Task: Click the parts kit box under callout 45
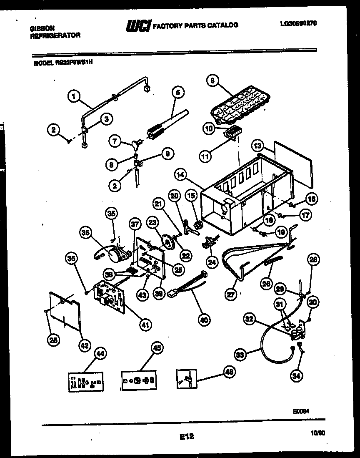(140, 380)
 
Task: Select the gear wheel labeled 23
(168, 242)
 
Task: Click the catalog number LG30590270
(298, 24)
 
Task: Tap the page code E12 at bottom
(187, 437)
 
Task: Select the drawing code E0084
(300, 410)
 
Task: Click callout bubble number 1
(74, 97)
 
